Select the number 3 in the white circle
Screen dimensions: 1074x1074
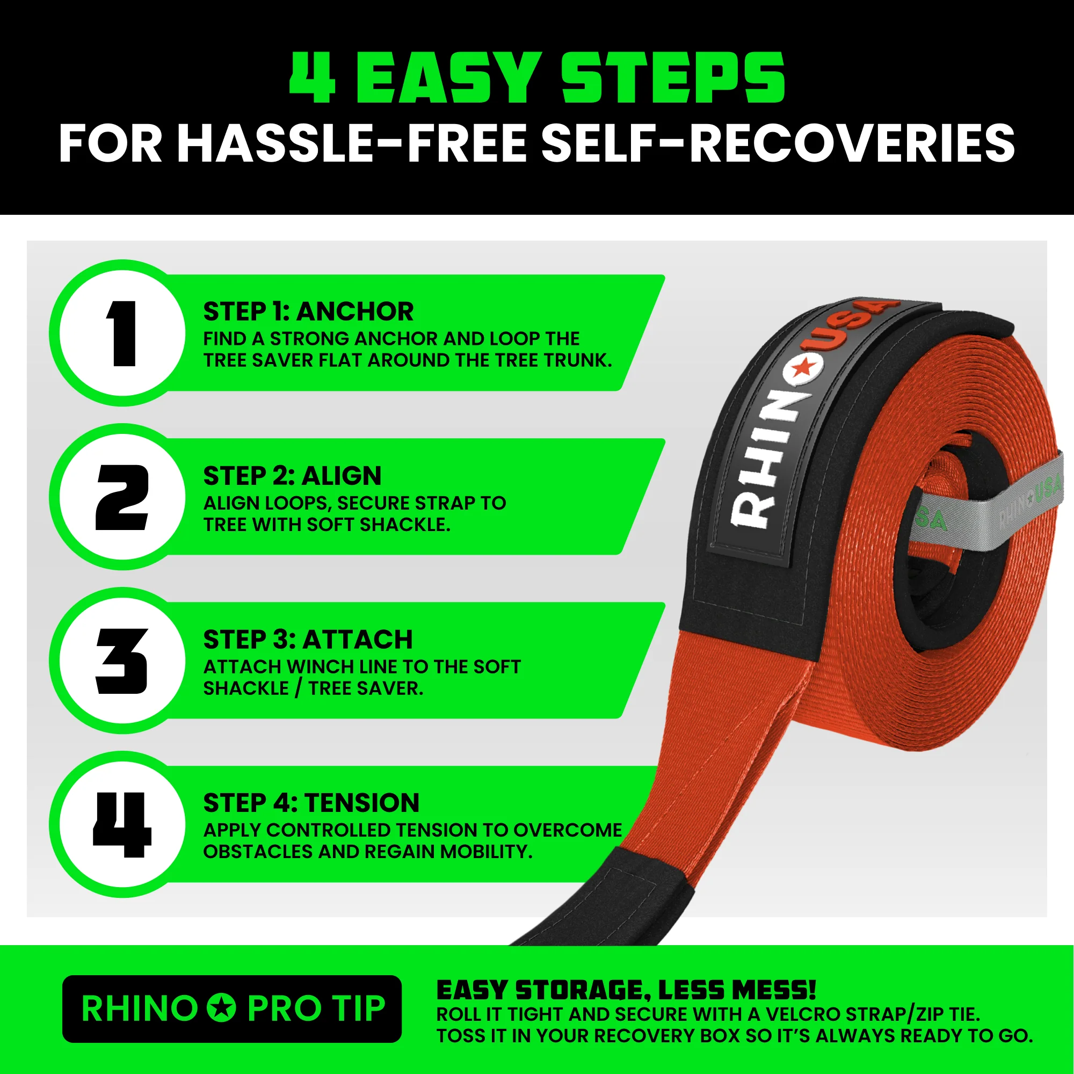pos(122,662)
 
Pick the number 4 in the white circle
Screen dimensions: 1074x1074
pos(122,825)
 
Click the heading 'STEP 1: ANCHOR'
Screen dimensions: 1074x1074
pos(309,311)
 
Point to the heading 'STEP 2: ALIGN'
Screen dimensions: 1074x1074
pos(293,476)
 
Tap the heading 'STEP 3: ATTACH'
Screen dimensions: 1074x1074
pos(308,639)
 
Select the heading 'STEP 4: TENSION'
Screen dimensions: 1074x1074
pos(311,803)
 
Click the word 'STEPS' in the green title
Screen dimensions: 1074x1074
pos(673,78)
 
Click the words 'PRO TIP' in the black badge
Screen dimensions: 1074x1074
pos(316,1008)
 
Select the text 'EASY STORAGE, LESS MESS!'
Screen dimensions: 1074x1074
pos(627,990)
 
